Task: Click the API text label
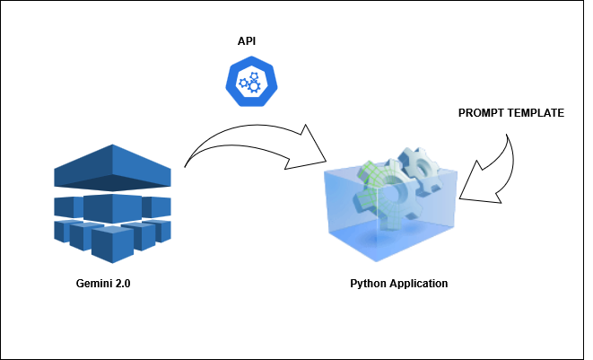point(246,41)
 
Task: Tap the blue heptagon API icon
point(251,81)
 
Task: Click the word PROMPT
point(481,113)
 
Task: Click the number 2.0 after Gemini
point(122,283)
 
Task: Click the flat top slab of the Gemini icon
point(112,167)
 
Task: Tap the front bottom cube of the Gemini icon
point(112,244)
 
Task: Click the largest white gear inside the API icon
point(254,87)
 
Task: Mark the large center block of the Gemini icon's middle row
point(112,208)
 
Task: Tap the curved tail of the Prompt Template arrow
point(511,159)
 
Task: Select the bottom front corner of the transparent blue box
point(376,261)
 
